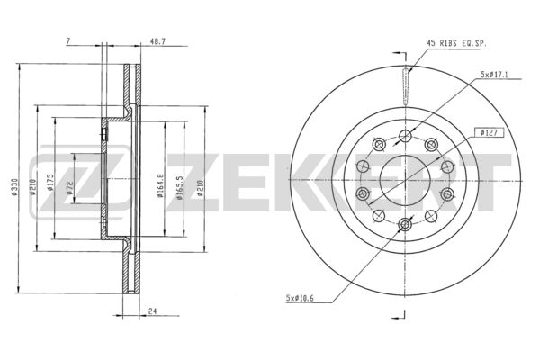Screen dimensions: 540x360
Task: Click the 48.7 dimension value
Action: point(158,41)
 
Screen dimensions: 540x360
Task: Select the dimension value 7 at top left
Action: point(67,41)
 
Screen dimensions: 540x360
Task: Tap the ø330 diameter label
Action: point(14,187)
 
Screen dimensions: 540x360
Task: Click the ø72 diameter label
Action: point(69,187)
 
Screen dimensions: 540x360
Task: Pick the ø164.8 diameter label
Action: point(160,185)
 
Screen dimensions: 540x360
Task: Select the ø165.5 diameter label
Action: point(179,188)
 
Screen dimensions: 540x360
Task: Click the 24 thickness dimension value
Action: point(153,310)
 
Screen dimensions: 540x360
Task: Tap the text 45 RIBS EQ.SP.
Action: point(456,43)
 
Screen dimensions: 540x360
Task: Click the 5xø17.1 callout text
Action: point(494,75)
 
